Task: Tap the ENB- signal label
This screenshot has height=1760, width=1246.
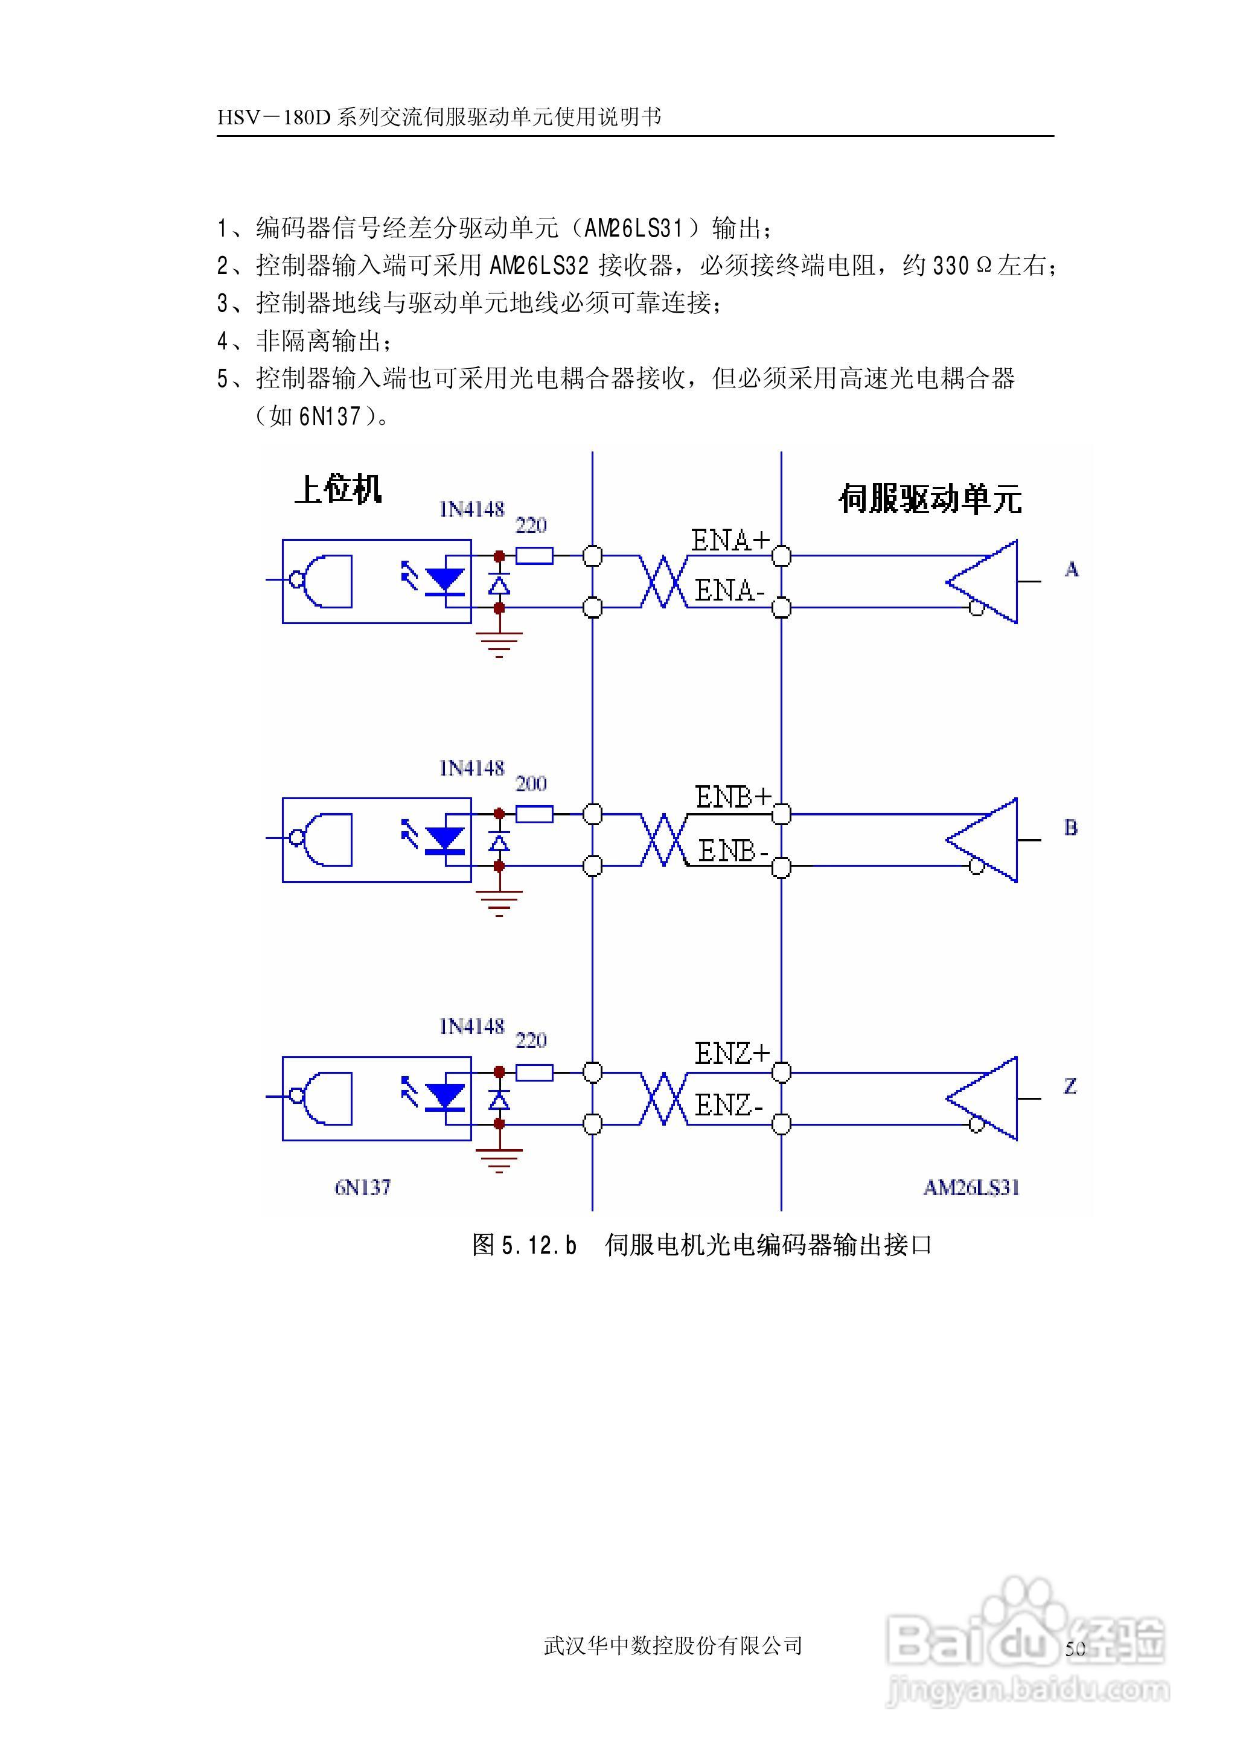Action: pos(733,850)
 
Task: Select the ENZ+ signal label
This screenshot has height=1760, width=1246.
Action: pos(731,1054)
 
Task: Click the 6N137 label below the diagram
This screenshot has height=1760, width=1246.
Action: pos(362,1187)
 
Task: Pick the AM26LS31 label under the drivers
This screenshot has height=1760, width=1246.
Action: pos(971,1187)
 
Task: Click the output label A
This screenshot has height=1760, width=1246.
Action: pos(1071,569)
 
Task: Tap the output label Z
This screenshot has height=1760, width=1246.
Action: pos(1070,1086)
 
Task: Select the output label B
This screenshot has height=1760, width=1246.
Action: pos(1070,827)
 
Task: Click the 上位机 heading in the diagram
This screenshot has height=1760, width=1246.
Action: pos(337,488)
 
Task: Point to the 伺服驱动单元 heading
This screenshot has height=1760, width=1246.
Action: pos(930,499)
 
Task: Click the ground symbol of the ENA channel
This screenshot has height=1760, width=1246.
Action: pos(499,643)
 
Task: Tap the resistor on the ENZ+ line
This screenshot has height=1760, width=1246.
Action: pos(534,1072)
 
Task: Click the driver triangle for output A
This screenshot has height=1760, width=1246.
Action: pos(986,581)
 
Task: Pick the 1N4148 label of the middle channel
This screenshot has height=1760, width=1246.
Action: pos(471,768)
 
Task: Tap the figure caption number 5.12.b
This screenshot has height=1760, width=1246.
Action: pos(538,1245)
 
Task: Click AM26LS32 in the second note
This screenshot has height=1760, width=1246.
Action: pos(539,266)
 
